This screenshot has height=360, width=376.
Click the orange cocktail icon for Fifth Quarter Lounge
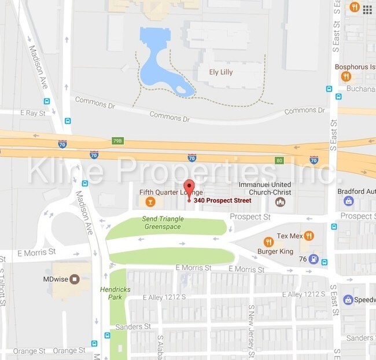(150, 201)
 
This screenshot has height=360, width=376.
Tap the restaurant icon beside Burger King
(268, 241)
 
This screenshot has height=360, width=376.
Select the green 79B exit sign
(117, 141)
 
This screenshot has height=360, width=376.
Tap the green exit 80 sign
(279, 160)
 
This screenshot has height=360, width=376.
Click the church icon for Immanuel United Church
(281, 201)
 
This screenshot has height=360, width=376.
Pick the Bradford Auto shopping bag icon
(348, 201)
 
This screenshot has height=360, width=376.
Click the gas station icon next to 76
(313, 259)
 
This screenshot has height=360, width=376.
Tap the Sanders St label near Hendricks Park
(129, 327)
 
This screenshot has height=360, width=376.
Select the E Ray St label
(32, 113)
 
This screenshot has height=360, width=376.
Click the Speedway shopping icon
(348, 299)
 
